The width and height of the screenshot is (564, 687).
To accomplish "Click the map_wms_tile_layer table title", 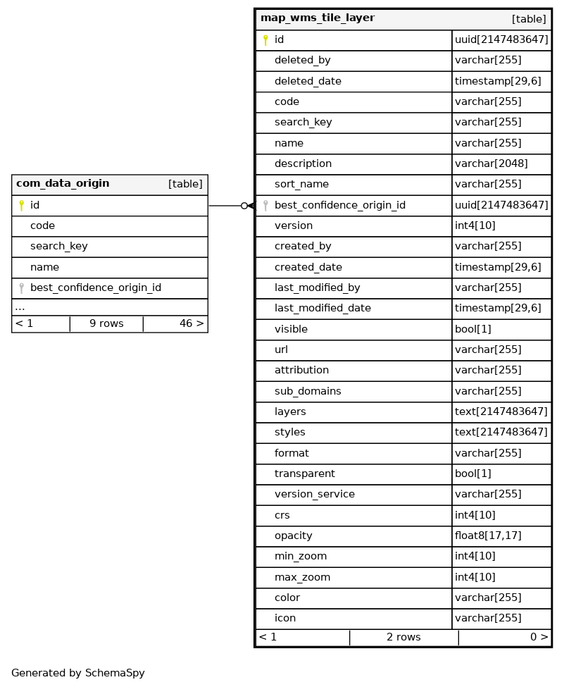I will click(x=318, y=18).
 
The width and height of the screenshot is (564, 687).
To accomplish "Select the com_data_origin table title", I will click(x=63, y=184).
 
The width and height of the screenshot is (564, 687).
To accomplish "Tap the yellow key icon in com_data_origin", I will click(x=21, y=206).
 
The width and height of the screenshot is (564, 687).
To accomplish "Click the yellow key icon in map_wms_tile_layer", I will click(x=265, y=40).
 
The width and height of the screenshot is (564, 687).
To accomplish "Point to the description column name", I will click(x=303, y=163).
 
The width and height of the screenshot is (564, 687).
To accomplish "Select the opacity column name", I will click(x=293, y=536).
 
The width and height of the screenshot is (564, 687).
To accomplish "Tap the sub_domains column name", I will click(x=308, y=391).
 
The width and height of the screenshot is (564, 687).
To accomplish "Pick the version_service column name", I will click(x=315, y=494).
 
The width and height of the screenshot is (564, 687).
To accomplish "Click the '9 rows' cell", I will click(x=106, y=323).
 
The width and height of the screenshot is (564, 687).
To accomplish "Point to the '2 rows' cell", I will click(x=403, y=637).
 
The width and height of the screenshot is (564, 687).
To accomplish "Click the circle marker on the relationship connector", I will click(x=244, y=206).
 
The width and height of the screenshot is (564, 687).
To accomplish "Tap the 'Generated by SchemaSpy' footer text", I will click(x=78, y=673).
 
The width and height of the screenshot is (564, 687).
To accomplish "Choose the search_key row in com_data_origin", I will click(x=59, y=247).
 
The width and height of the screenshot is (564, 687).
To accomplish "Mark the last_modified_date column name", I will click(x=322, y=308).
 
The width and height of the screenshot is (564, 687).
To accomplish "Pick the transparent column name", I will click(x=305, y=474).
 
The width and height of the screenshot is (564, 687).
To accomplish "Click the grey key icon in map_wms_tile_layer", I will click(x=265, y=206).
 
